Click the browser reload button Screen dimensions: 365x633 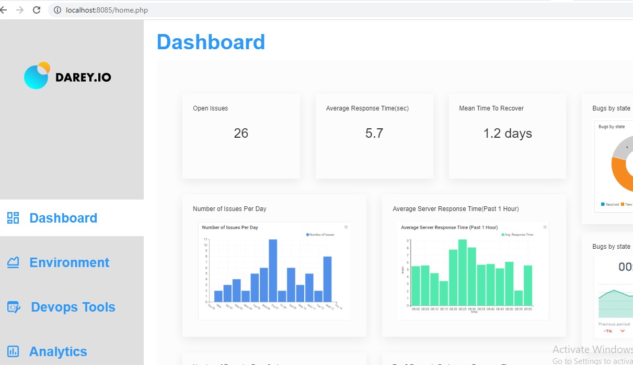(37, 10)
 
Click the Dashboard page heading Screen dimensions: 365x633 (211, 42)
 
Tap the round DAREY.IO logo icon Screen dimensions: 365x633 (37, 75)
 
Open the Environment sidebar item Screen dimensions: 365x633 (69, 262)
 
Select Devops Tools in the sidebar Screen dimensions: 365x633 (73, 307)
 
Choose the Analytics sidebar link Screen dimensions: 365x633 (58, 351)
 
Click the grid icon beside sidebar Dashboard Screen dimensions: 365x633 (13, 218)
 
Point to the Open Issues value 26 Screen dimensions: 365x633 (241, 134)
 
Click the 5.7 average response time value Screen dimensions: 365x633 (374, 134)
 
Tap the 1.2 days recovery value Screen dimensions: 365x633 (508, 134)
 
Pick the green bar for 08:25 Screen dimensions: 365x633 (462, 272)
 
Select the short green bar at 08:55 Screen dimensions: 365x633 (519, 298)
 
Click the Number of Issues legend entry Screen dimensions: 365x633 (321, 235)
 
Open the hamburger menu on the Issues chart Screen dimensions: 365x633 (346, 227)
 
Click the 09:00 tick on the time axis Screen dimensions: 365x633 (528, 309)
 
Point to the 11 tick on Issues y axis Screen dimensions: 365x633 (205, 239)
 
